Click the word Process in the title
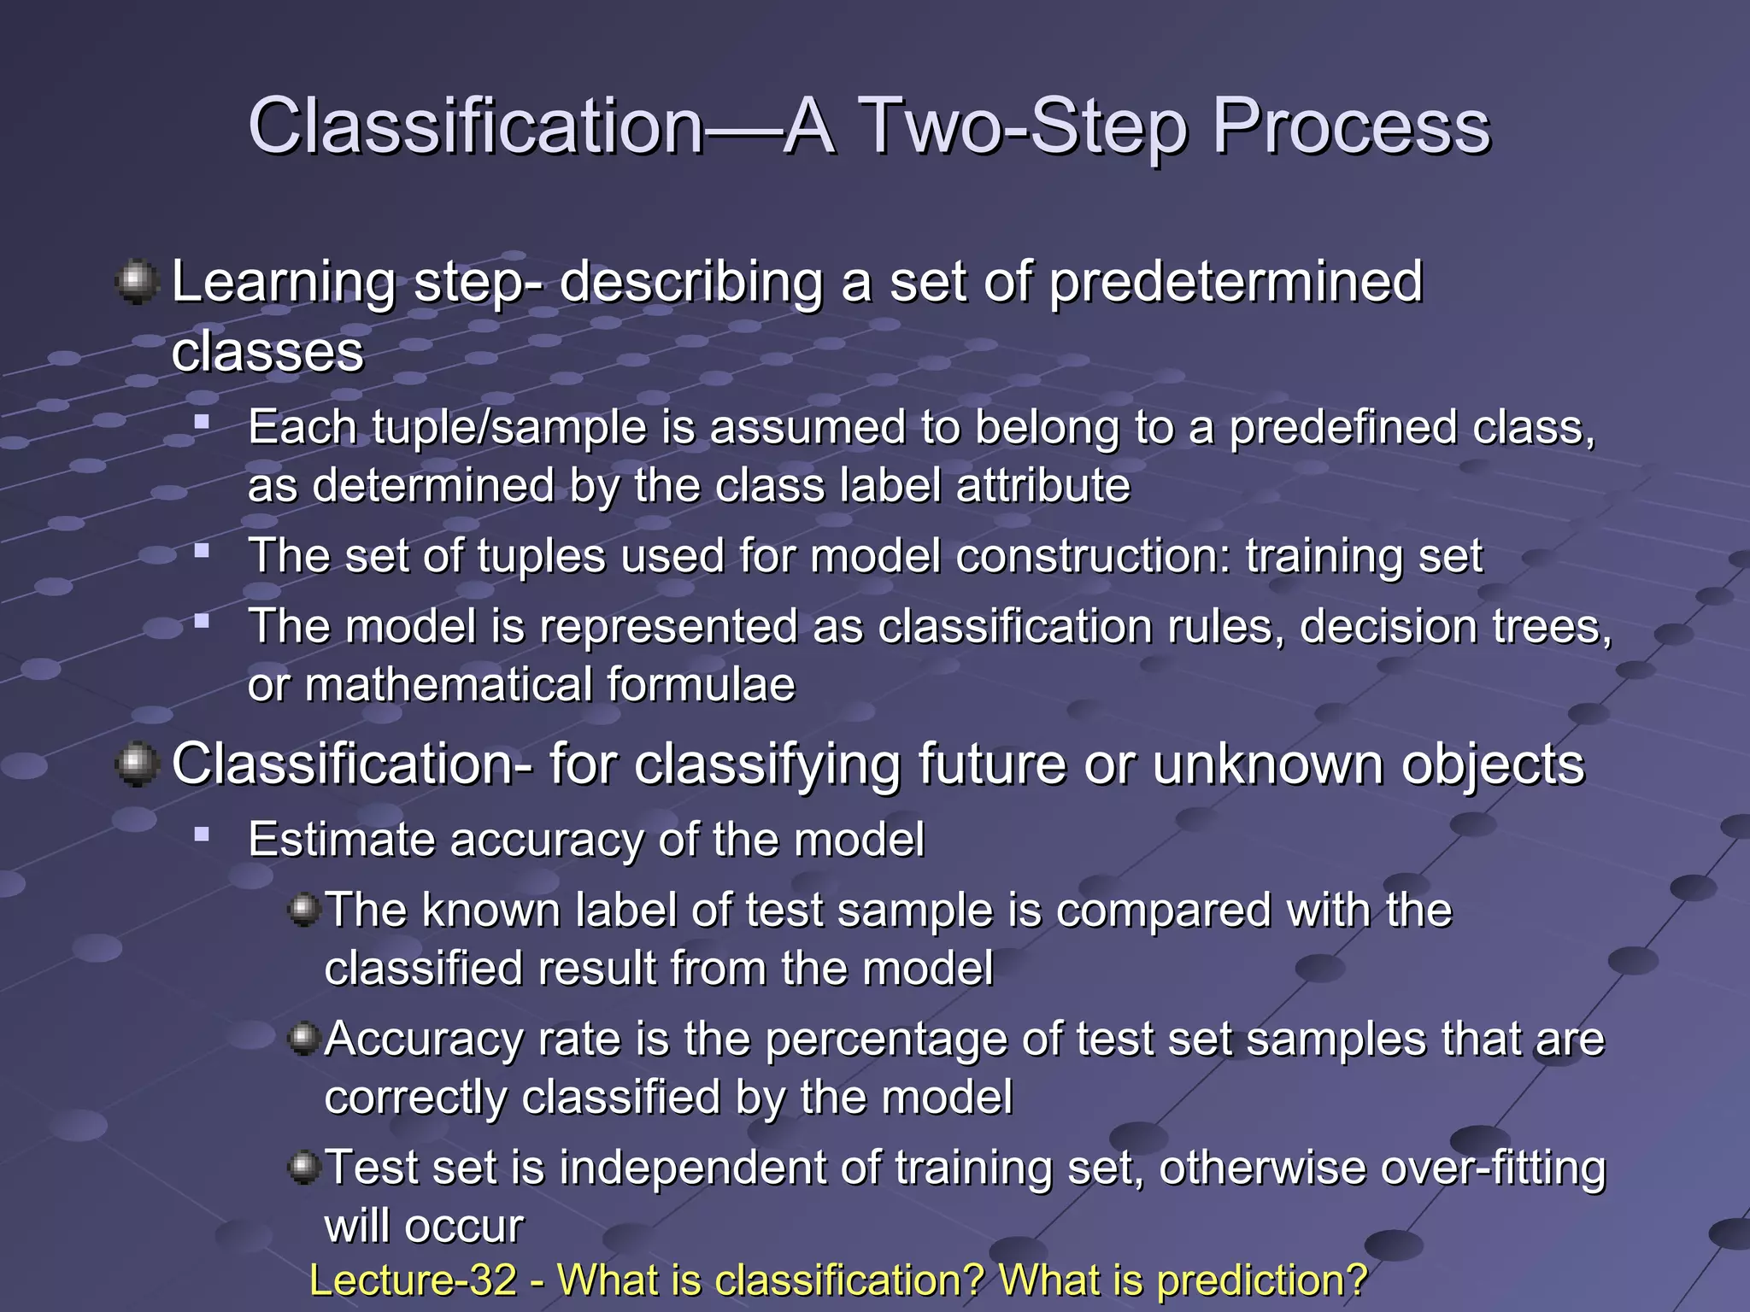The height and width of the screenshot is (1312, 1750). click(x=1351, y=126)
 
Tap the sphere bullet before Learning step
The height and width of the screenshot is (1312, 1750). click(x=137, y=282)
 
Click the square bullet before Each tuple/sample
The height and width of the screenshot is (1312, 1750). click(x=202, y=421)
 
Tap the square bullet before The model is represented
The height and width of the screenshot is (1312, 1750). click(x=202, y=621)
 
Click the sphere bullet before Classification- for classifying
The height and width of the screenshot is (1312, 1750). click(x=137, y=763)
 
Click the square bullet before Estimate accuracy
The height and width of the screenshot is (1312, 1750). click(x=202, y=834)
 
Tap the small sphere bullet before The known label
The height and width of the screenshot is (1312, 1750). click(x=303, y=910)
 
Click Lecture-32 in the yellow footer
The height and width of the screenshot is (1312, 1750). click(x=413, y=1280)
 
